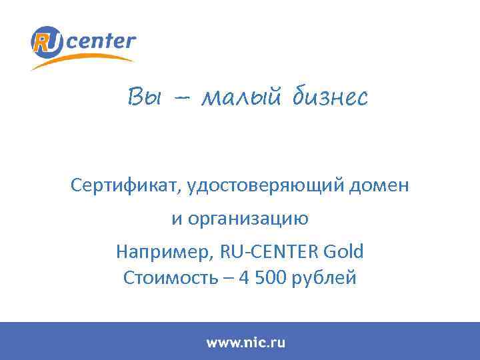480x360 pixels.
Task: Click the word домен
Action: pos(383,185)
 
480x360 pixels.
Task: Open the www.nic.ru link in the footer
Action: pos(245,343)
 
